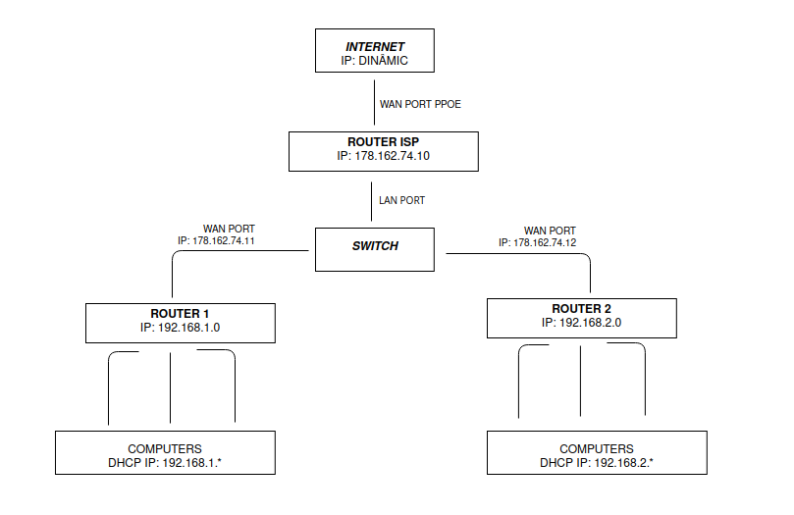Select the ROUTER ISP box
tap(384, 150)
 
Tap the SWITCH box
tap(374, 247)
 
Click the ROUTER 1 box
tap(181, 322)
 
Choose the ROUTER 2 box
tap(581, 316)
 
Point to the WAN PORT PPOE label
tap(420, 104)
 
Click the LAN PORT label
tap(402, 200)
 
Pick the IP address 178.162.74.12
tap(544, 241)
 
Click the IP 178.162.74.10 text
tap(384, 157)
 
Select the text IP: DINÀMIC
tap(373, 61)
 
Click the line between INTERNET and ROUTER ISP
tap(370, 104)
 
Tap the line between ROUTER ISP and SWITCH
tap(370, 200)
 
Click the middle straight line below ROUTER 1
tap(172, 387)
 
